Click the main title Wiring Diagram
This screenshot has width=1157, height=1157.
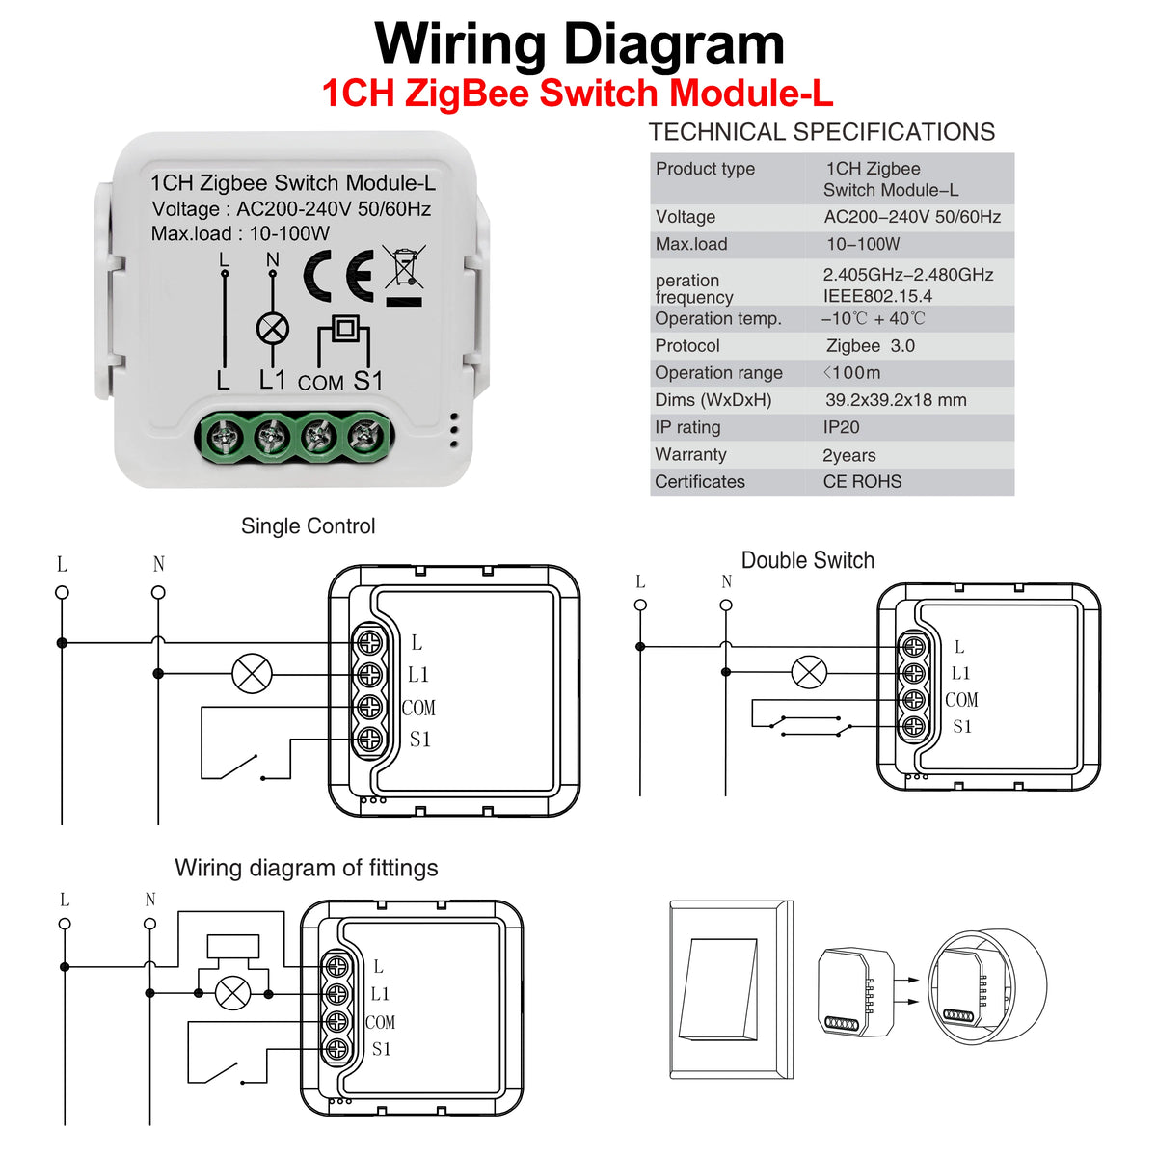[x=579, y=44]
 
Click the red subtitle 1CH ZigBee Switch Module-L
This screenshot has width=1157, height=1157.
[x=577, y=94]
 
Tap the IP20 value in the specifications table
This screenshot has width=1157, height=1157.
[x=841, y=427]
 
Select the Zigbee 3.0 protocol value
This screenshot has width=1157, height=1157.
[x=870, y=346]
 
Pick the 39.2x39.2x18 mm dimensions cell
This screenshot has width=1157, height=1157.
[x=895, y=400]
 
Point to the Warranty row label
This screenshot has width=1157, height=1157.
[x=690, y=454]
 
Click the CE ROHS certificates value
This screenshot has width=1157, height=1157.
[x=862, y=481]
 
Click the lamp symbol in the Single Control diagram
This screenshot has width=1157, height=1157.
[x=253, y=674]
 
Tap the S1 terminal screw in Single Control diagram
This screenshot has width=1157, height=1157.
[x=369, y=740]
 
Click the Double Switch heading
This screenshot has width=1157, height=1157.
[x=807, y=560]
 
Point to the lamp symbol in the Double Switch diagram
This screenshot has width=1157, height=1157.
[x=809, y=672]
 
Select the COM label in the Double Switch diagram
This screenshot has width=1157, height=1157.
[x=961, y=700]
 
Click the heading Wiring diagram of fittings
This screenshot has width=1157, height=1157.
[x=306, y=868]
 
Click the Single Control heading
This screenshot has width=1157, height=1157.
[x=308, y=526]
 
